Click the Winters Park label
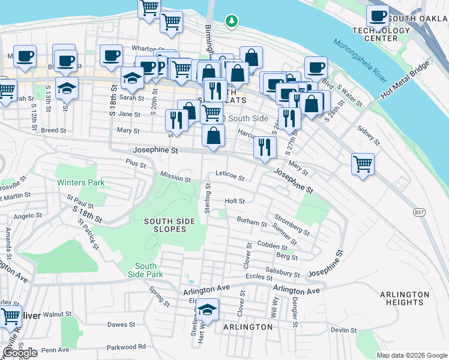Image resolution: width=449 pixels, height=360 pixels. point(80,182)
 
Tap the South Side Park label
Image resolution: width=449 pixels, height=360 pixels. point(145,270)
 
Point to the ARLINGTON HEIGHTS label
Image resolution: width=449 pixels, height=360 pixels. point(405,299)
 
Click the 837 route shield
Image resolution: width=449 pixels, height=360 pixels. point(418,212)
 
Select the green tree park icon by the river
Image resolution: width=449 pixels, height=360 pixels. point(231,22)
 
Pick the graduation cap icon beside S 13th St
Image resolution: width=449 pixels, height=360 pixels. point(67,88)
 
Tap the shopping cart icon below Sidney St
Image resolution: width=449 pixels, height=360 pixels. point(363,163)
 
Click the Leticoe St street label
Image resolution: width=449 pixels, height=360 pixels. point(230,178)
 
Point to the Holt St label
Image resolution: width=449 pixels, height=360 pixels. point(235,201)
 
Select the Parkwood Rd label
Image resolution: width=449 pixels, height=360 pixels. point(126,347)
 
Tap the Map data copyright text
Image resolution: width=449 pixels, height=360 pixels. point(411,355)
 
